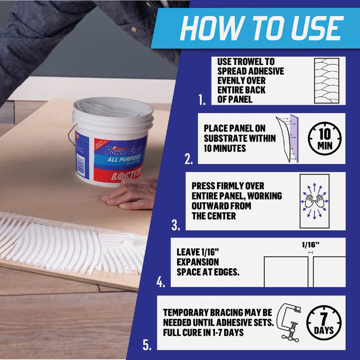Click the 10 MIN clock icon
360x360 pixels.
(x=325, y=139)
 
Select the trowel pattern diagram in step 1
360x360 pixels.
(x=327, y=81)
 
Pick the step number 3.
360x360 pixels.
(x=176, y=226)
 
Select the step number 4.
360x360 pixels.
(x=161, y=282)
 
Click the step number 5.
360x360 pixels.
(x=147, y=346)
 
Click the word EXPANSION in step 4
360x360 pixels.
(x=198, y=262)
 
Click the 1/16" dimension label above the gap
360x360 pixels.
(x=310, y=245)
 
